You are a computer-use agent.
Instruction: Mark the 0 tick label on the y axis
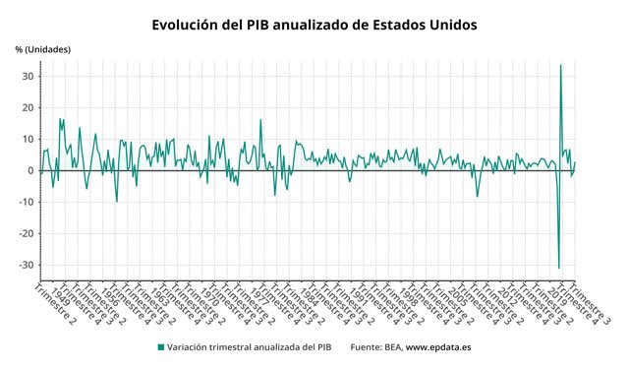tap(30, 170)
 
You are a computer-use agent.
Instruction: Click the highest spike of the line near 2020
tap(560, 66)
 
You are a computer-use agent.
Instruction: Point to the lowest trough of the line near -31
tap(558, 268)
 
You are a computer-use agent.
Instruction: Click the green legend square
tap(160, 346)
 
